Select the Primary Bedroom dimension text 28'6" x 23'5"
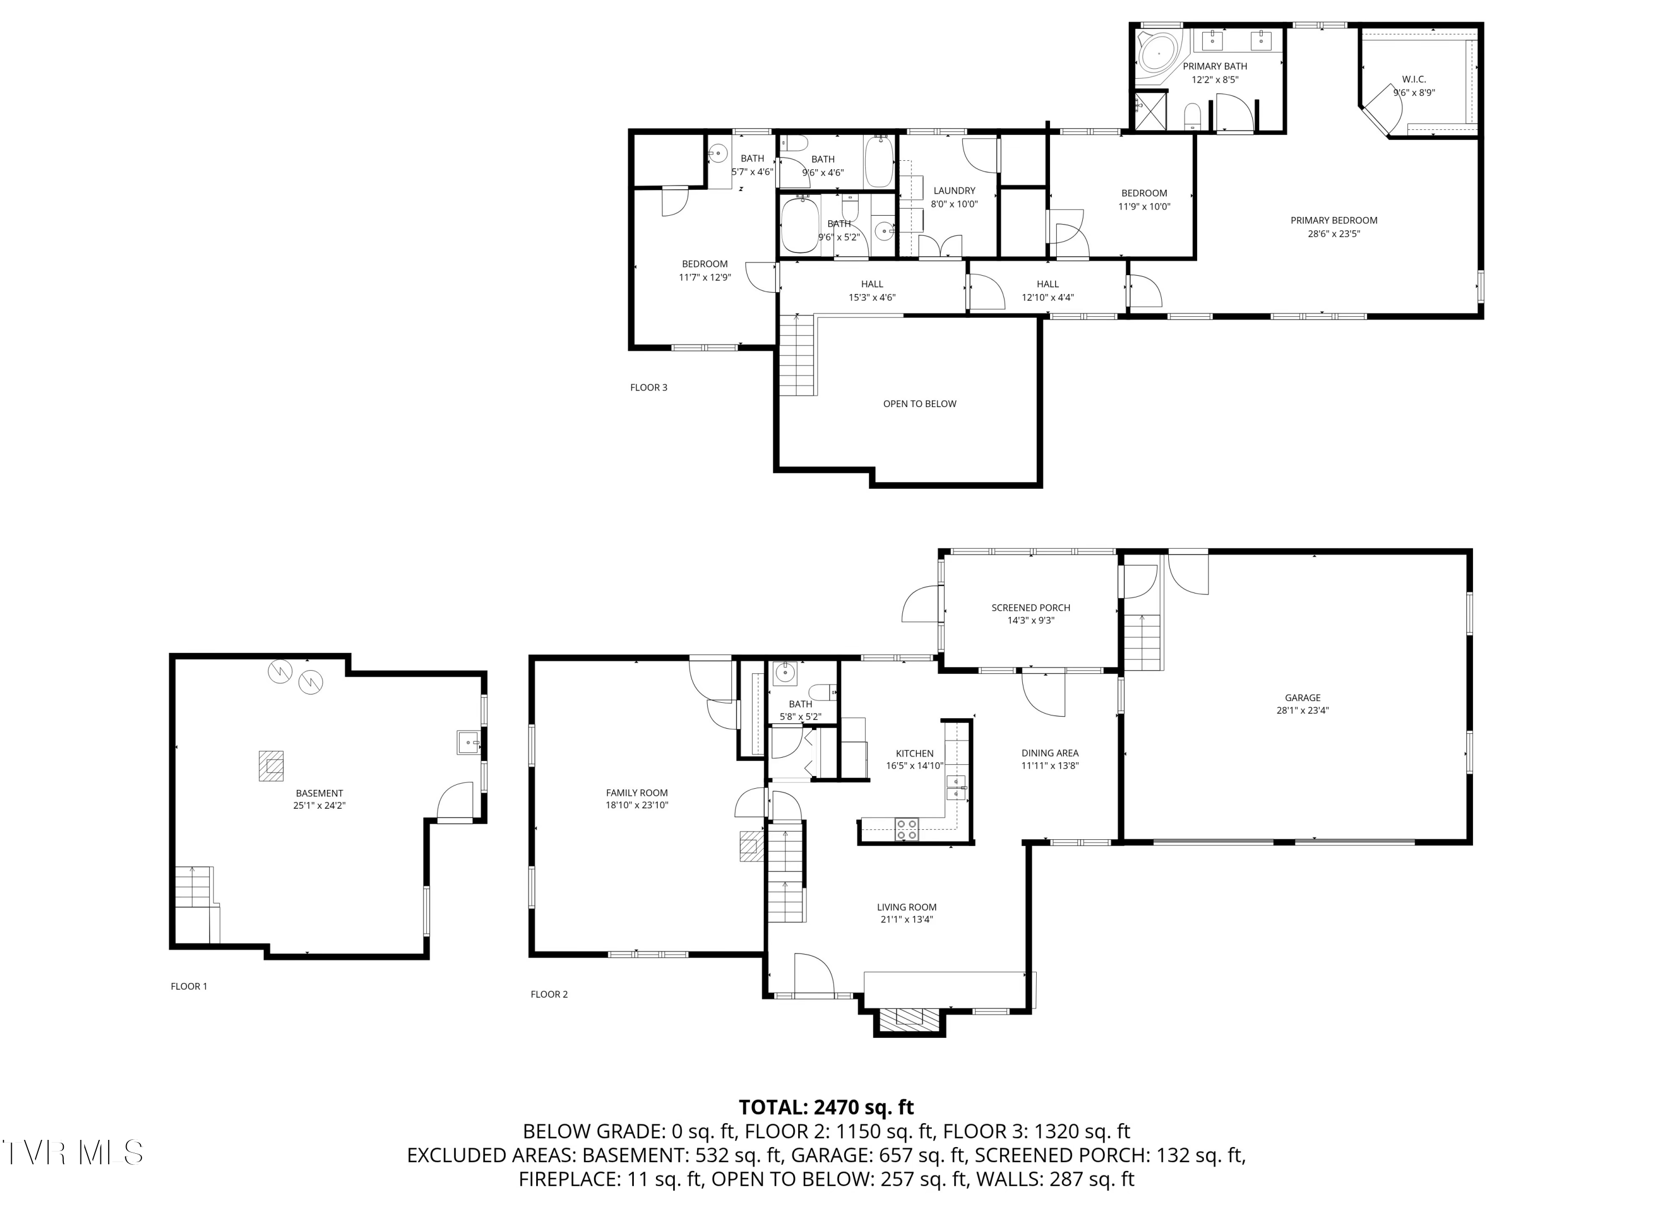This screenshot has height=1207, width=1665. coord(1334,234)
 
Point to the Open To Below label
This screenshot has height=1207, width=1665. coord(919,404)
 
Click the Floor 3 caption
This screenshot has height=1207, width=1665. coord(648,387)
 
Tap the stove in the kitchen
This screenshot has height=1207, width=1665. coord(907,829)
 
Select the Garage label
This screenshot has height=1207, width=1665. coord(1303,698)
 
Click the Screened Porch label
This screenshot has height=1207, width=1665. coord(1030,607)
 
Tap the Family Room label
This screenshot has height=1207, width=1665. coord(637,793)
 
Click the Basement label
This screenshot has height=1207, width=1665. coord(319,793)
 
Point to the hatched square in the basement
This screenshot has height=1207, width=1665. coord(271,767)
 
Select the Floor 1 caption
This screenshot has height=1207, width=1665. coord(189,986)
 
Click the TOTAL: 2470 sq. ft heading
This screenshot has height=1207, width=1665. coord(826,1107)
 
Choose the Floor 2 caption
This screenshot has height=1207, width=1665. coord(549,994)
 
